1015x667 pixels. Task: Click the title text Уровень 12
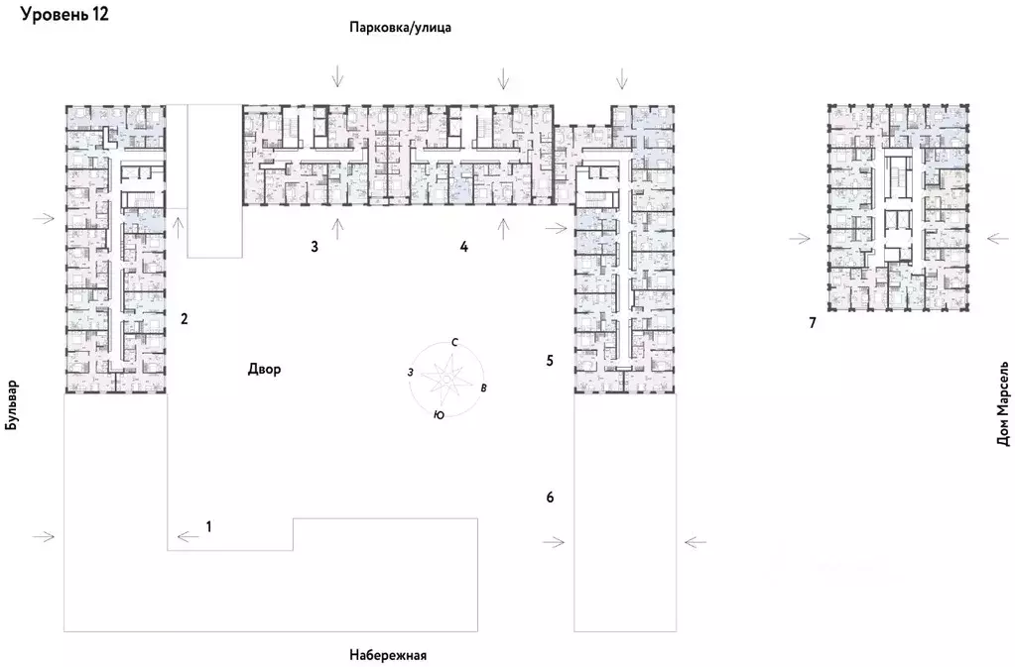[65, 15]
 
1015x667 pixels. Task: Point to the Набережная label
[388, 655]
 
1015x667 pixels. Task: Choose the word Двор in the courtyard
[264, 370]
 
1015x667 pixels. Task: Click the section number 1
[209, 525]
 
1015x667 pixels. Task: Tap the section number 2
[184, 319]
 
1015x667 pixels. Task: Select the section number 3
[314, 246]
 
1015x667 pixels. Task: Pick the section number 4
[463, 246]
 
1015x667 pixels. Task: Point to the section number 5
[550, 360]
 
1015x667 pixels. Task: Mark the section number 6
[550, 497]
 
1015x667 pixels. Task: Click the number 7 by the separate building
[812, 323]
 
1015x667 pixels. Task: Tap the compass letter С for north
[454, 342]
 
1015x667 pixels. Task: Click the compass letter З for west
[409, 372]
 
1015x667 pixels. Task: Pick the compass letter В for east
[483, 387]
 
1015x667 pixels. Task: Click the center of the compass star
[445, 378]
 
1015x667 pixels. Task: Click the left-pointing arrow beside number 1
[186, 537]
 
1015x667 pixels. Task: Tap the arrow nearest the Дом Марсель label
[999, 239]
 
